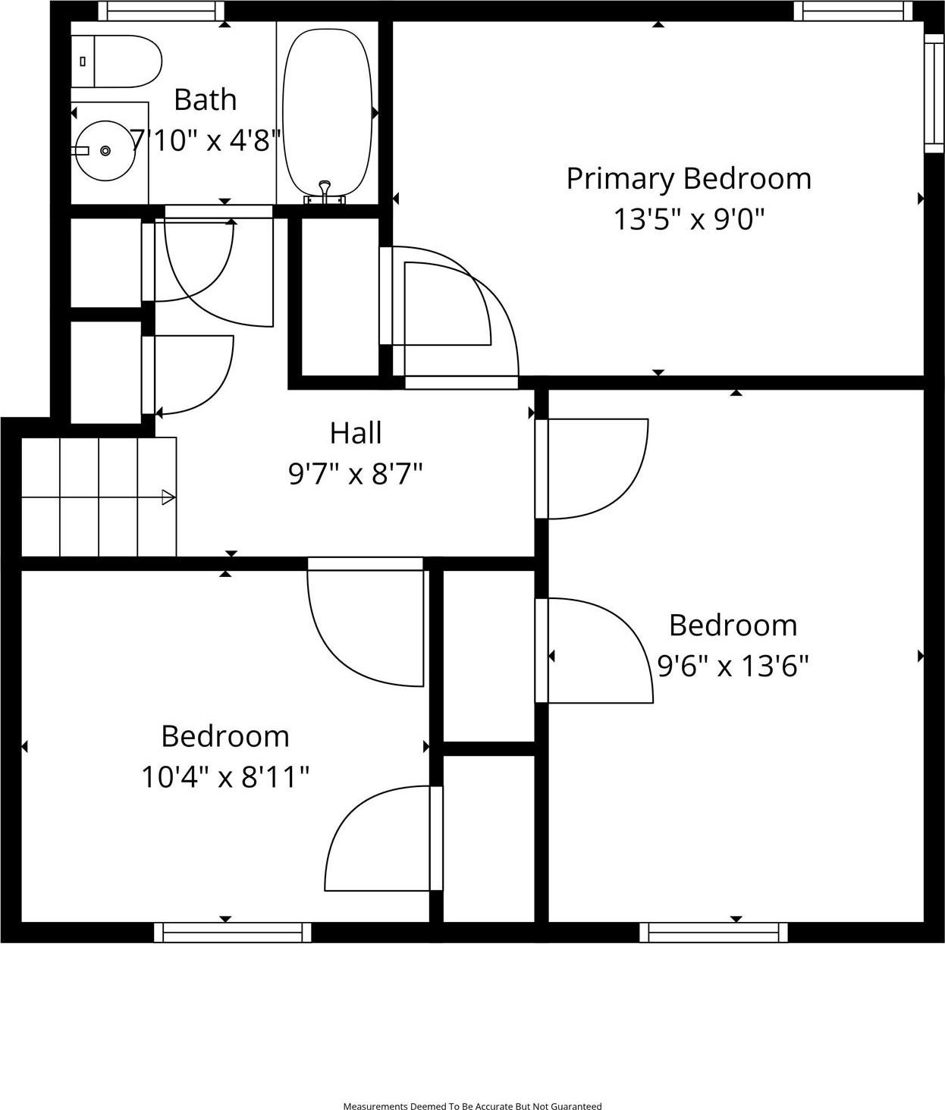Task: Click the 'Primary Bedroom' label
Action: click(689, 179)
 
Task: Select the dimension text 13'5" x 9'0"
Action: click(689, 220)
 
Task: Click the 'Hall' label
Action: click(356, 434)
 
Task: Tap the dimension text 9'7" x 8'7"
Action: click(356, 475)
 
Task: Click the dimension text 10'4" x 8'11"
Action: click(225, 777)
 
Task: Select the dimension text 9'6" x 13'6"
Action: click(733, 666)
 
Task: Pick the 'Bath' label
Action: click(205, 100)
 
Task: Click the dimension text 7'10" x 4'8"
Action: click(206, 141)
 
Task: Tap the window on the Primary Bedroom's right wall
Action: click(934, 92)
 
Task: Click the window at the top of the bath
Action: click(162, 11)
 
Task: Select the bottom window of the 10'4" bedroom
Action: click(232, 933)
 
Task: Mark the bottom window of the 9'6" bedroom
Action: click(713, 933)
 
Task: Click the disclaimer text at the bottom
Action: click(472, 1106)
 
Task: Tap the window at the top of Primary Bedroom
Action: click(852, 11)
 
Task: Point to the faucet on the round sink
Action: click(80, 151)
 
